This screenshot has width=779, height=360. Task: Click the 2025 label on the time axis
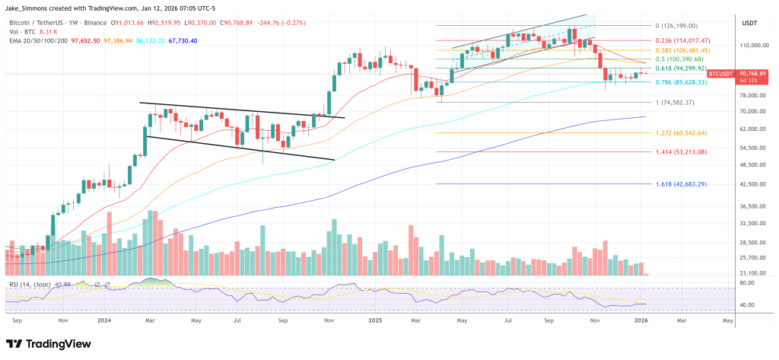(x=374, y=321)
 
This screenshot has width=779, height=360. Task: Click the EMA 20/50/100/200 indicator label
(x=39, y=41)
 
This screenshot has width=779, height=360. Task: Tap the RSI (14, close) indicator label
(x=30, y=284)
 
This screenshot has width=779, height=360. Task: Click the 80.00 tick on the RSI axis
(x=746, y=283)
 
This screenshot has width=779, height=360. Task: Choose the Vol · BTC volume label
(x=21, y=32)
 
